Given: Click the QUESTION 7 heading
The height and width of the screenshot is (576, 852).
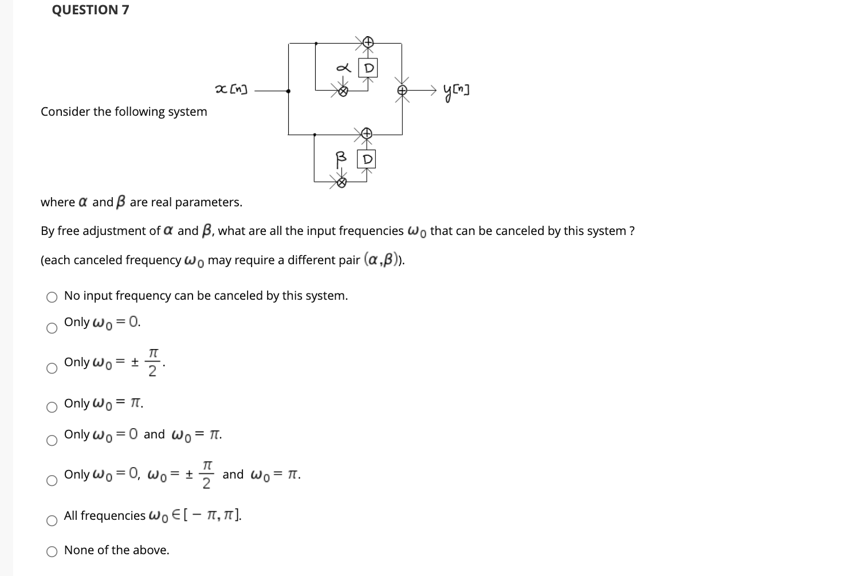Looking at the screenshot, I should [x=91, y=10].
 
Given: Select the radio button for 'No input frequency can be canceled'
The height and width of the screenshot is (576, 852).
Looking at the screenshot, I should [x=52, y=297].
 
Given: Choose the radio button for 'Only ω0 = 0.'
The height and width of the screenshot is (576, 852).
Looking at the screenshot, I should [x=52, y=328].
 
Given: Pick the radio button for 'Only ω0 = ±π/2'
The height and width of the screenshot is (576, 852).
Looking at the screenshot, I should [x=52, y=369].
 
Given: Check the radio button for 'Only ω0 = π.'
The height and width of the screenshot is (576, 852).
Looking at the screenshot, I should [x=52, y=407].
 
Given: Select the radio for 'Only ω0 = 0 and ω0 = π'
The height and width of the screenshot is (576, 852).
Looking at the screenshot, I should [x=52, y=441].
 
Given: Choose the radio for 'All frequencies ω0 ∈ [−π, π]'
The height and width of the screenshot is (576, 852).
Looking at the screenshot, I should [x=52, y=521].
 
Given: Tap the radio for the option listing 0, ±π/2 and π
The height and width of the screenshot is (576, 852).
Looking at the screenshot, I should [x=52, y=481].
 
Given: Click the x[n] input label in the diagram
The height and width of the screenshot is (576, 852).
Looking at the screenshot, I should [x=231, y=89].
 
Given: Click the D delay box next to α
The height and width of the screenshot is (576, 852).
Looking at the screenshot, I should [x=368, y=68].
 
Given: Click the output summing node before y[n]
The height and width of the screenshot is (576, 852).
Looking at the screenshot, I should [x=403, y=91].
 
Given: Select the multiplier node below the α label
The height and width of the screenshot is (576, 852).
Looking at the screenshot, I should [x=343, y=91].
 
